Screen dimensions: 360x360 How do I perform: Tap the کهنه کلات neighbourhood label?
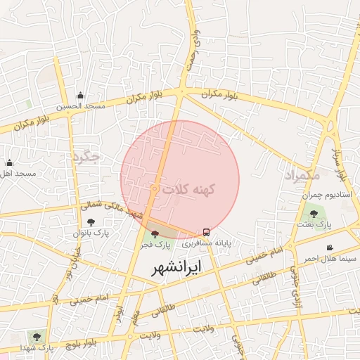point(188,190)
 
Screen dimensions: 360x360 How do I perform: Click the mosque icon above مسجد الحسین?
point(80,96)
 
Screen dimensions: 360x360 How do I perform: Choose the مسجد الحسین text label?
point(82,106)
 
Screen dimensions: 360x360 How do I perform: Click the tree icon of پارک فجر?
point(155,233)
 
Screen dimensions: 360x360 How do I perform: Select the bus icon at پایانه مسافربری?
point(206,232)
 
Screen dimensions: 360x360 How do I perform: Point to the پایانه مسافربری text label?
point(206,243)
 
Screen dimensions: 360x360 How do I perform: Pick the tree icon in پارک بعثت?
point(313,214)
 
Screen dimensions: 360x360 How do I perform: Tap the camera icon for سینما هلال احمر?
point(330,247)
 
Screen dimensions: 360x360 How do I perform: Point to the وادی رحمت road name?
point(193,49)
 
